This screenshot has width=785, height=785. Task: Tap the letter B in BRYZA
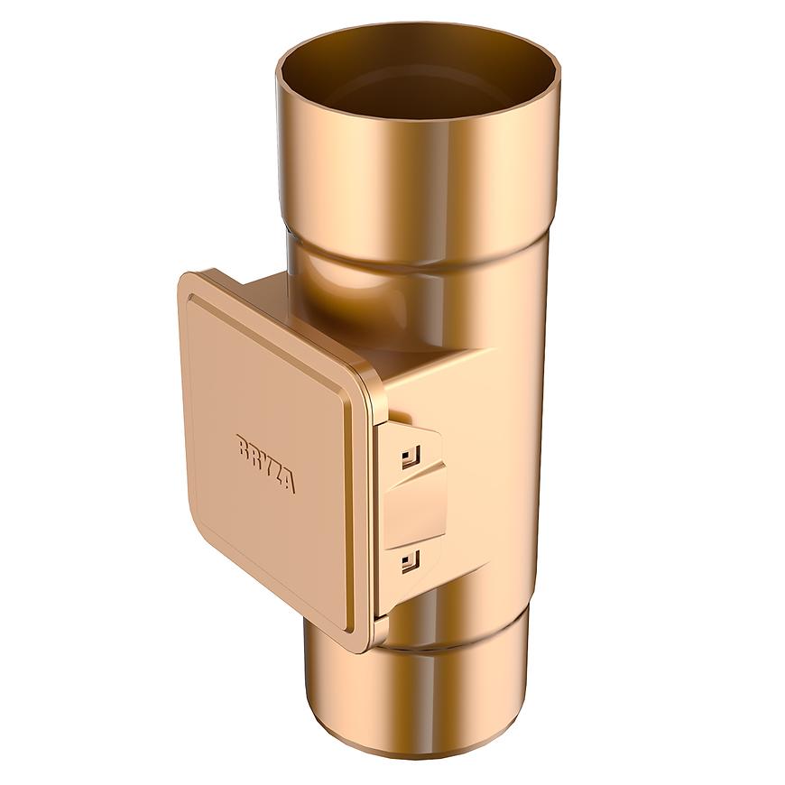pos(243,446)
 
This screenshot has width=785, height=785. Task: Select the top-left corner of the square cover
pos(191,282)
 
